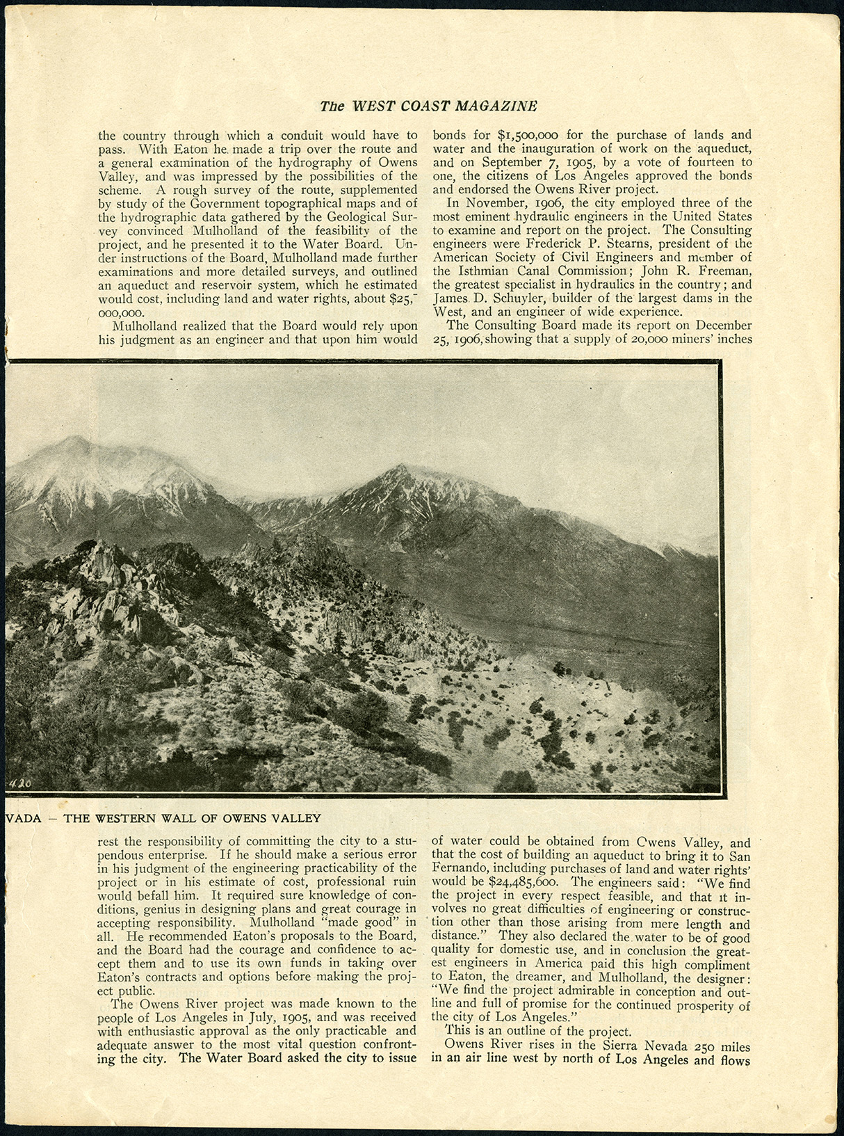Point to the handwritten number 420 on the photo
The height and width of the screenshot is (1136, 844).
pyautogui.click(x=18, y=783)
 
